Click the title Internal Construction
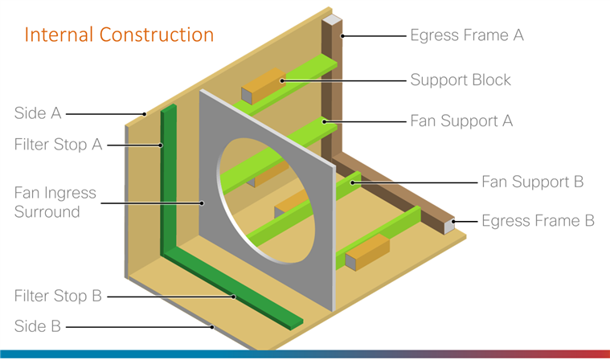click(x=119, y=35)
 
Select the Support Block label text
click(x=460, y=80)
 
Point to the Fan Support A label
click(x=461, y=121)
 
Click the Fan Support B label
click(x=532, y=182)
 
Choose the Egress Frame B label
click(x=538, y=220)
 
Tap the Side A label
click(x=38, y=113)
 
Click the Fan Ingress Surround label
click(x=55, y=202)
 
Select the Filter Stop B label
click(x=58, y=296)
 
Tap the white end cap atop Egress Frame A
click(x=332, y=19)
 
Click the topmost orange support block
click(x=261, y=88)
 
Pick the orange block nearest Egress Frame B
click(x=366, y=252)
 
